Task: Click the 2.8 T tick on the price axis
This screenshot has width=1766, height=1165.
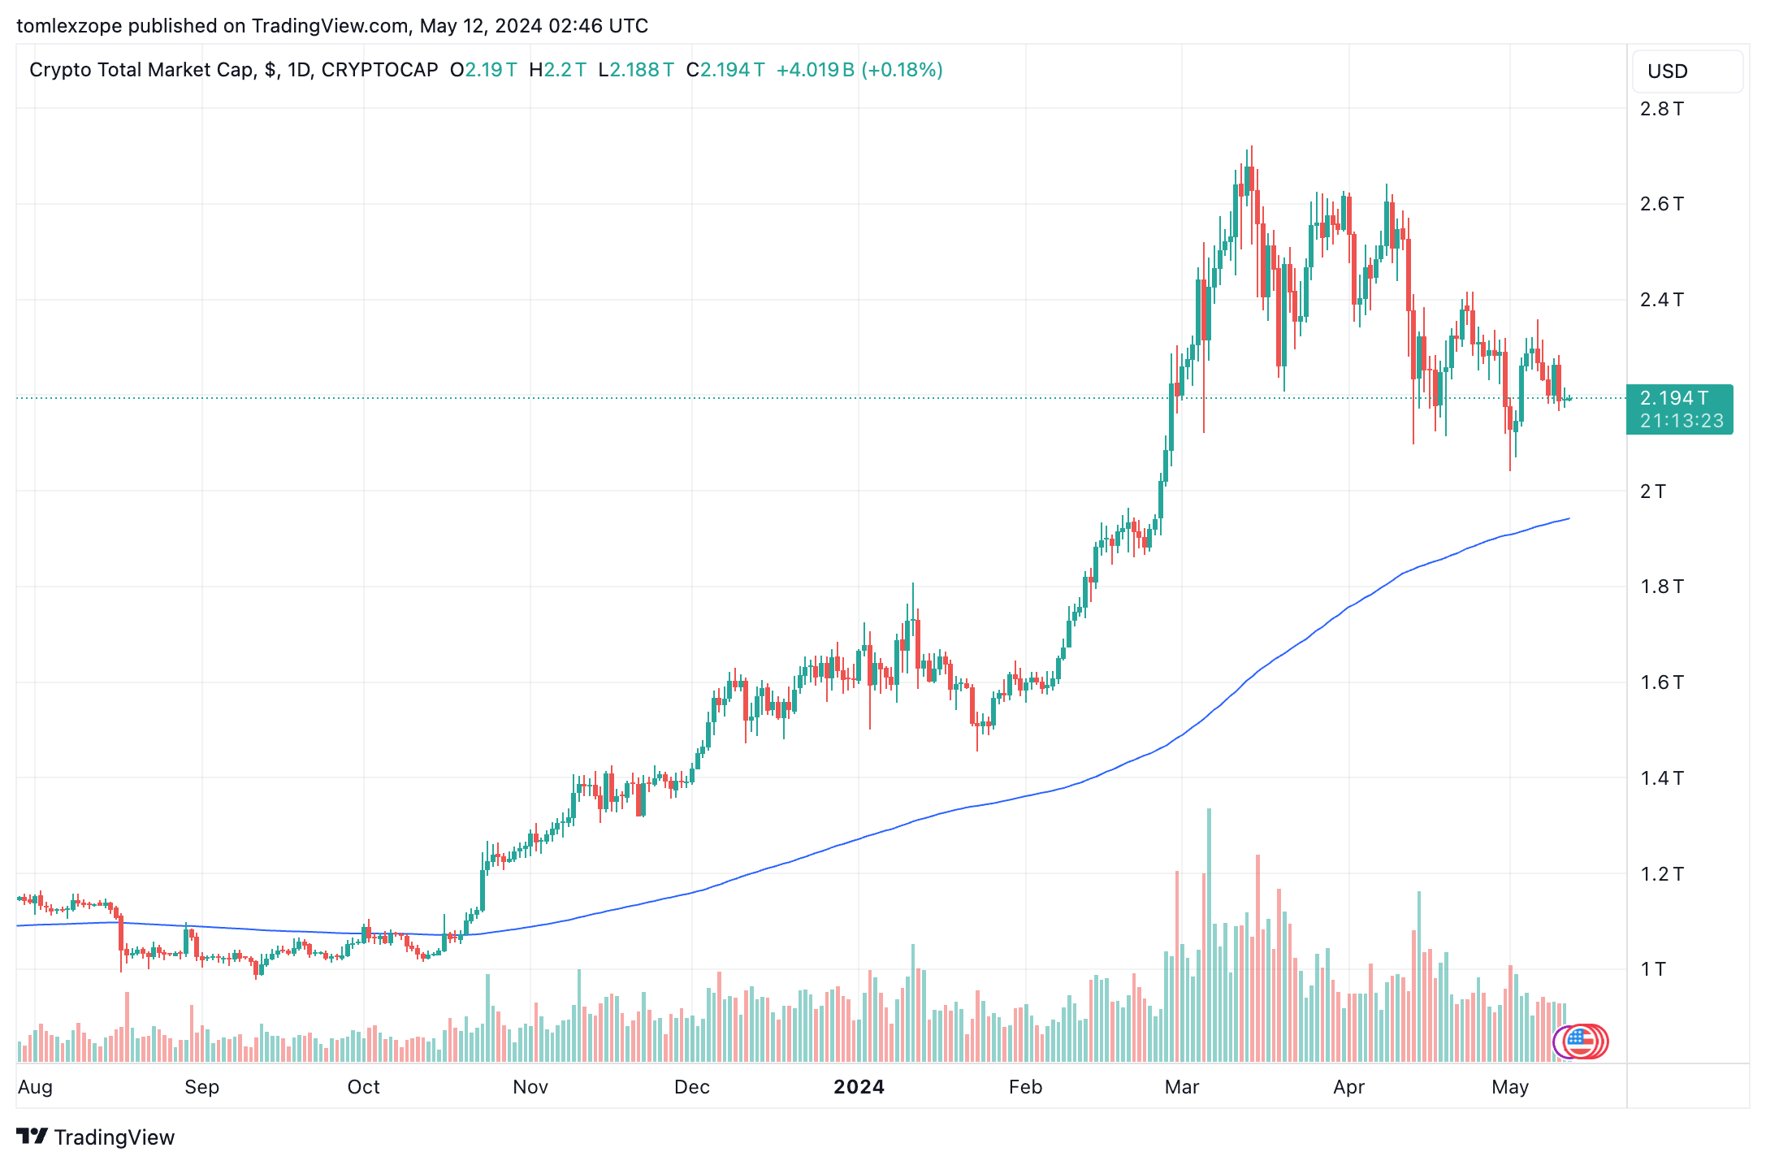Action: [x=1661, y=109]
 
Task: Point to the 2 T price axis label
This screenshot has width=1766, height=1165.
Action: [x=1652, y=492]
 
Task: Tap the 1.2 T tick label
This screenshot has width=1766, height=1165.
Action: [x=1661, y=874]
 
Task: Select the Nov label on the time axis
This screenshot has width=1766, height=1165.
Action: [x=530, y=1087]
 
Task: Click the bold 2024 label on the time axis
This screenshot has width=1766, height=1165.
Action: [x=859, y=1087]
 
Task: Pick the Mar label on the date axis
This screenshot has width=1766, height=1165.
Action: [x=1181, y=1087]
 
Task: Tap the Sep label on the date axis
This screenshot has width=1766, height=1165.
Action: [x=201, y=1087]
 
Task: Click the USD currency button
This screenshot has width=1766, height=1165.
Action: [x=1686, y=71]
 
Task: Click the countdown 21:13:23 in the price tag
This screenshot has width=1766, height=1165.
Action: [x=1681, y=421]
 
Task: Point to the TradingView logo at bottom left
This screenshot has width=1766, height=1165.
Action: [x=96, y=1137]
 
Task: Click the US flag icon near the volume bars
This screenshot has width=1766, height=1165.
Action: [x=1579, y=1041]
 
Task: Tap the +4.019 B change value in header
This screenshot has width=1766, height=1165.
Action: [x=815, y=70]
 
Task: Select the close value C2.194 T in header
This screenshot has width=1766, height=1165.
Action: [x=725, y=70]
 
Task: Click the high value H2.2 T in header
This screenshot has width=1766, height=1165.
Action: [x=557, y=70]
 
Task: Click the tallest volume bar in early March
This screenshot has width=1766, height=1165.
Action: [x=1209, y=934]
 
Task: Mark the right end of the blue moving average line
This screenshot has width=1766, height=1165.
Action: [x=1569, y=518]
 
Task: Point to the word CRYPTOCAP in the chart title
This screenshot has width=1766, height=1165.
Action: [x=379, y=70]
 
